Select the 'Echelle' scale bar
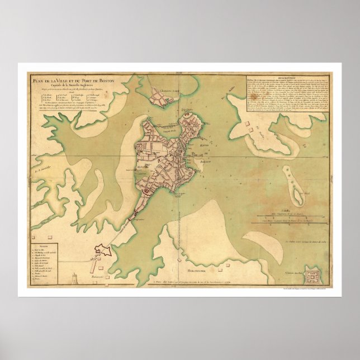click(290, 213)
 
